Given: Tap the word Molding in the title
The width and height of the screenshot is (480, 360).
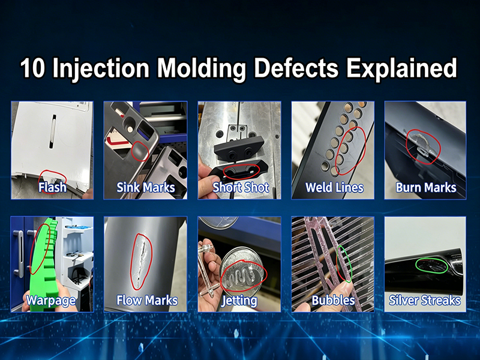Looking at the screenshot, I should pyautogui.click(x=194, y=68).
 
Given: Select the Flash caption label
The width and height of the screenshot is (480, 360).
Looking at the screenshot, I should pyautogui.click(x=52, y=187).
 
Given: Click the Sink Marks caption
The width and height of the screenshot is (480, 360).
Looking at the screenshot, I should pyautogui.click(x=146, y=187).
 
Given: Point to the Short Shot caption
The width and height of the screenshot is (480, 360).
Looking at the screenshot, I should pyautogui.click(x=240, y=187).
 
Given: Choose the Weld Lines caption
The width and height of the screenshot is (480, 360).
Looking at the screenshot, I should pyautogui.click(x=334, y=187).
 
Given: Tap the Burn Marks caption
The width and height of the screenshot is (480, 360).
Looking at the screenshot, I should pyautogui.click(x=426, y=187).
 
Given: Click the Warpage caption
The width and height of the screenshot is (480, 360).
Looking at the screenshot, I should pyautogui.click(x=52, y=299).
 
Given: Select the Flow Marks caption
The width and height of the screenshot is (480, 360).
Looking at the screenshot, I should pyautogui.click(x=146, y=299).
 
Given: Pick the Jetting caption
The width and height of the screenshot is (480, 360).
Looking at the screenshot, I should pyautogui.click(x=239, y=299).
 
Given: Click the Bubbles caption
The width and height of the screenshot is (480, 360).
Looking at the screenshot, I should pyautogui.click(x=333, y=299).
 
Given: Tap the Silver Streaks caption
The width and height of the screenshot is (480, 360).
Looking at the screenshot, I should pyautogui.click(x=425, y=299).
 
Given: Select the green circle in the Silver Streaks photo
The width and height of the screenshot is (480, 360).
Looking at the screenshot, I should pyautogui.click(x=430, y=265).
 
